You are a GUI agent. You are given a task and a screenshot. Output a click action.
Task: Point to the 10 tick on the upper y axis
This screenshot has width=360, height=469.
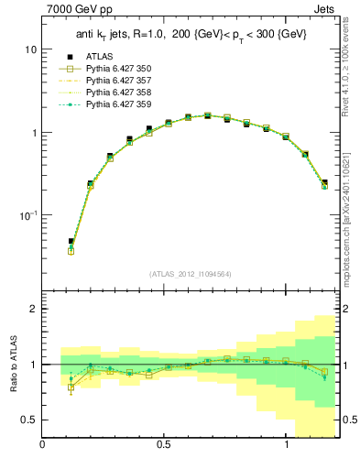31,49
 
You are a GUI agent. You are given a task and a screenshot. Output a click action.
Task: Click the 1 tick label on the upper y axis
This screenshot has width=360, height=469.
34,132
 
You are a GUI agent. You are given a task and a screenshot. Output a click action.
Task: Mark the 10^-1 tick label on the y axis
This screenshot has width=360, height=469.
28,215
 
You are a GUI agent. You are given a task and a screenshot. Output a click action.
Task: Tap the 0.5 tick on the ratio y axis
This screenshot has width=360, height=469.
29,420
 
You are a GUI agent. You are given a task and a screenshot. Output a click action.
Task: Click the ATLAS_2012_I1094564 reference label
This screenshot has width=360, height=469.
191,274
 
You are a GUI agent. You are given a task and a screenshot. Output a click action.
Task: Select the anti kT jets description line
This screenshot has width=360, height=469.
191,36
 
